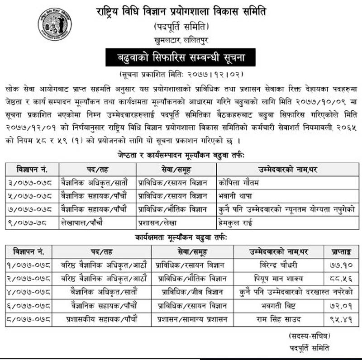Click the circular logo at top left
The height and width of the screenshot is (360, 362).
(55, 23)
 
